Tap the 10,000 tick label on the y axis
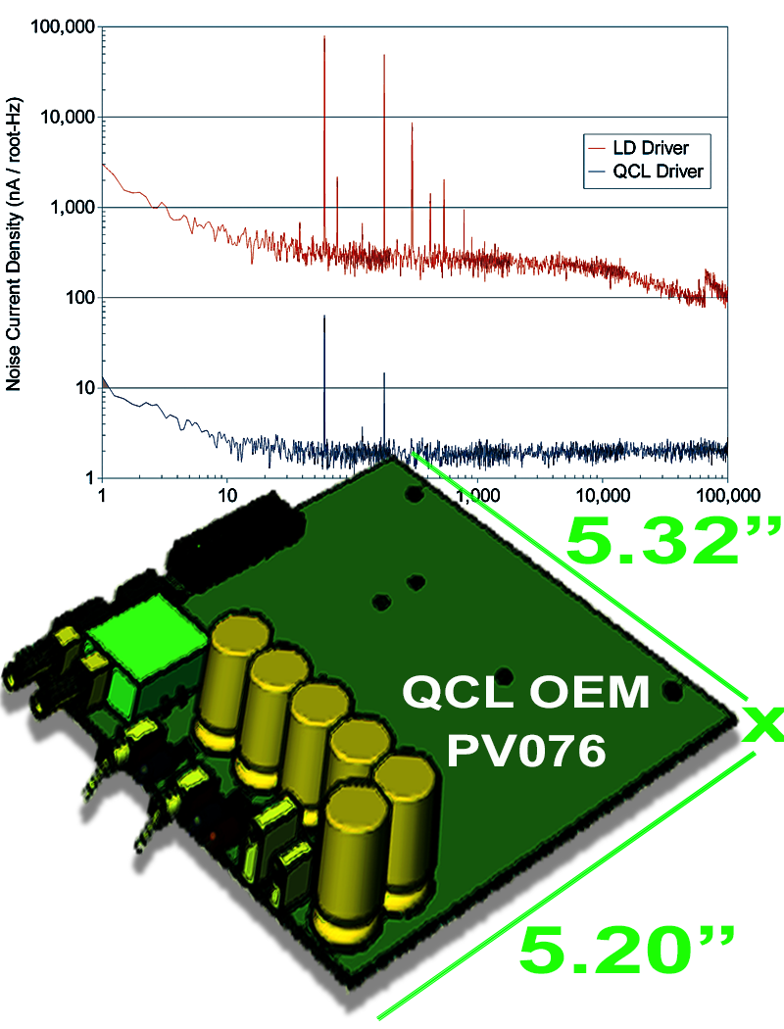pyautogui.click(x=67, y=118)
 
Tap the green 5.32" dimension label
pyautogui.click(x=674, y=541)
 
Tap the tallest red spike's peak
pyautogui.click(x=324, y=37)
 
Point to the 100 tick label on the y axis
pyautogui.click(x=77, y=298)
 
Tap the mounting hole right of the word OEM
pyautogui.click(x=672, y=691)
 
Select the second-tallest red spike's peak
pyautogui.click(x=384, y=56)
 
